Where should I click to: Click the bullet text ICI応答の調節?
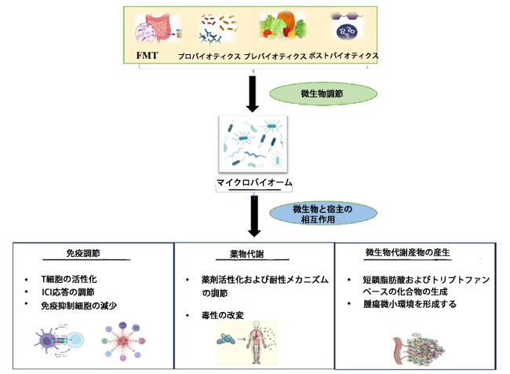[78, 292]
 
